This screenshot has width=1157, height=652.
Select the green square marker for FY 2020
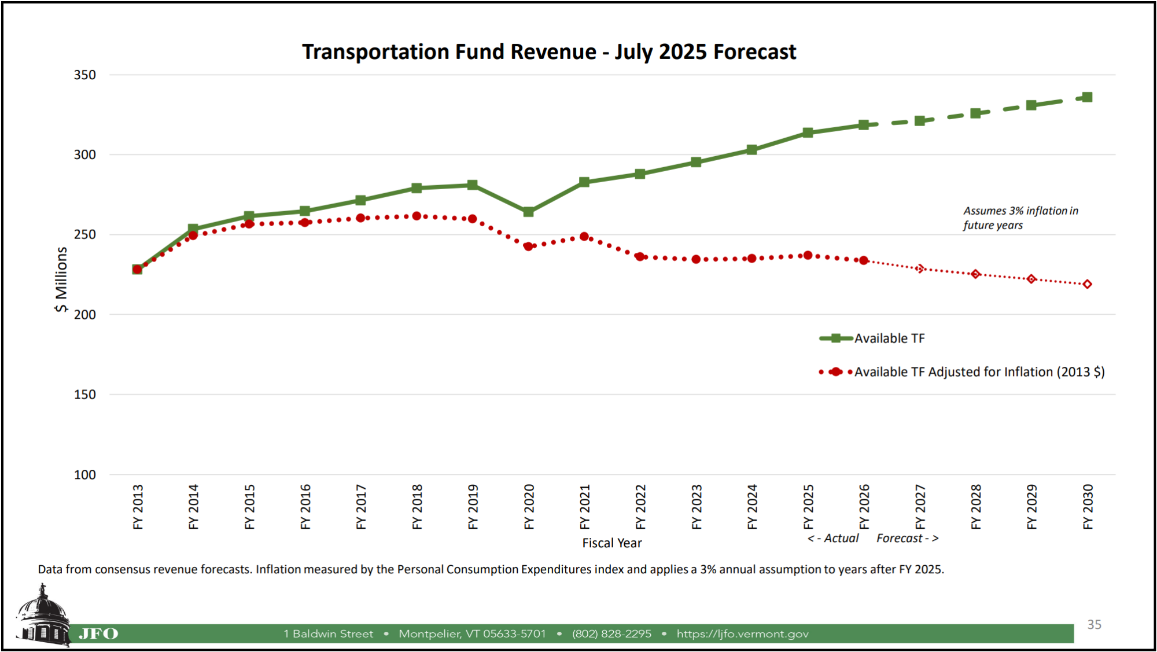(x=528, y=212)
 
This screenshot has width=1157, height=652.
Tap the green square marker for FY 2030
(x=1087, y=97)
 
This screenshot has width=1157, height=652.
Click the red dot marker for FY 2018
(x=417, y=216)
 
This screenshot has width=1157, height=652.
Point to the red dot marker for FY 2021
(x=584, y=237)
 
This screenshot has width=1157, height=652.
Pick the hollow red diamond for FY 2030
(x=1087, y=284)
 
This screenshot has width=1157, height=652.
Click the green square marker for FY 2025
(x=808, y=132)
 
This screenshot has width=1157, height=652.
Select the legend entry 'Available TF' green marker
(x=836, y=338)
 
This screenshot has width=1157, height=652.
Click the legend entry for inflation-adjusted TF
(x=979, y=372)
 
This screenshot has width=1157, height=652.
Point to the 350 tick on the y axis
(x=84, y=75)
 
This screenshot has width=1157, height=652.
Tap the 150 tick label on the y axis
(x=84, y=395)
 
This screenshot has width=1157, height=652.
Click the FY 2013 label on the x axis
(x=138, y=507)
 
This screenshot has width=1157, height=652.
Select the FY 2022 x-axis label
(x=640, y=507)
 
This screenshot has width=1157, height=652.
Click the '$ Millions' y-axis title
(x=61, y=280)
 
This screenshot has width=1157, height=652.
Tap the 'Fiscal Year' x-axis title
(x=611, y=543)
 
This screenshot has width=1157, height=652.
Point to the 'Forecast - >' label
(x=907, y=539)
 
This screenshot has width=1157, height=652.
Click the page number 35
(x=1093, y=625)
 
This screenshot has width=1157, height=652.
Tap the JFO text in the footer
(x=98, y=634)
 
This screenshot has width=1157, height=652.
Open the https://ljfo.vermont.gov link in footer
(x=742, y=634)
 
